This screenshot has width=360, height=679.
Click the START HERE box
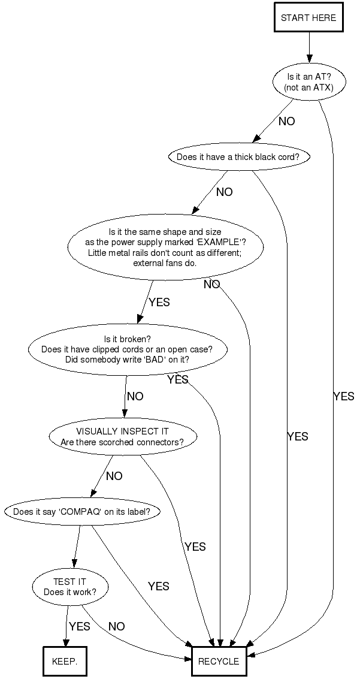pos(308,18)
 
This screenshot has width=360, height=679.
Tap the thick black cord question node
pos(242,157)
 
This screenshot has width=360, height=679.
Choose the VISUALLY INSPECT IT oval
pos(122,437)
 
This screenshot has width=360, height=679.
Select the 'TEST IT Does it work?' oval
pos(69,586)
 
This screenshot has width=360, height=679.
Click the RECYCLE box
pos(219,662)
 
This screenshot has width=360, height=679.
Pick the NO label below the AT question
pos(286,122)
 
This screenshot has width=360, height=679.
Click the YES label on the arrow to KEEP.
pos(79,626)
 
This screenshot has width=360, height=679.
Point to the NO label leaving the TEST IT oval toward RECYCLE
pos(116,626)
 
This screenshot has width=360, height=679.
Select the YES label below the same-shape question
pos(159,303)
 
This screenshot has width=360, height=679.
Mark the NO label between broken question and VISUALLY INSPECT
pos(135,396)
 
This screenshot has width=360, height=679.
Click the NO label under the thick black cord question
pos(224,192)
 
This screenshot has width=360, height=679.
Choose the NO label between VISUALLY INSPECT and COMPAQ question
pos(114,476)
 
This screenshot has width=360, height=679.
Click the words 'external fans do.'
pos(165,263)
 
